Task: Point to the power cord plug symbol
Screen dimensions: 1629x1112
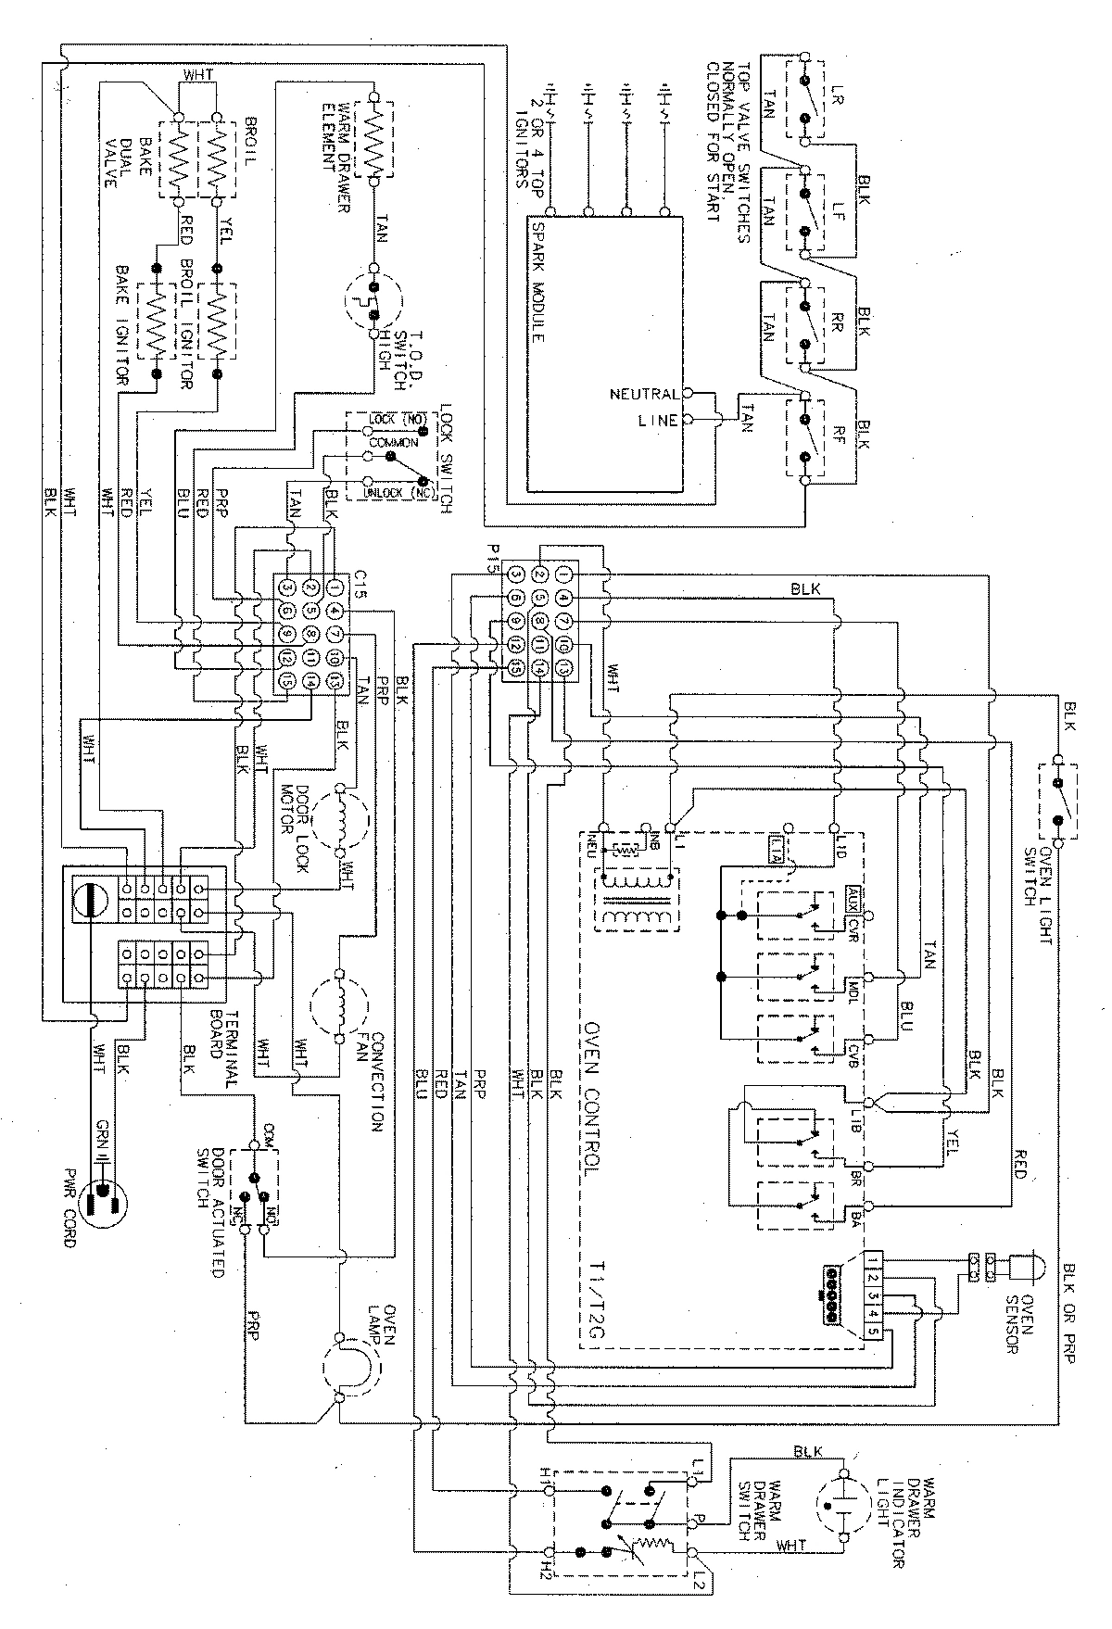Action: pos(103,1200)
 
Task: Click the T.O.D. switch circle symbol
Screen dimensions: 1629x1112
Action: pos(375,299)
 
